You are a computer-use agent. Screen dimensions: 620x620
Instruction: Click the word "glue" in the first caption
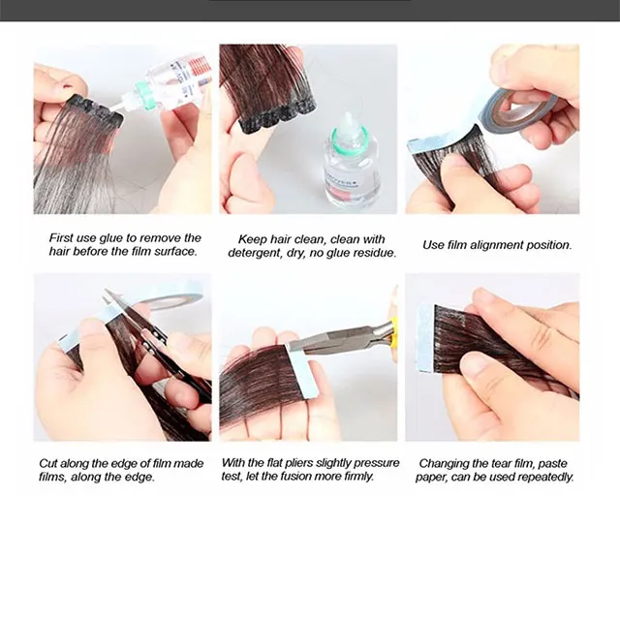pyautogui.click(x=110, y=238)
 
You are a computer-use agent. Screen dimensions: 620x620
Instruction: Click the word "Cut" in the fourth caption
pyautogui.click(x=48, y=463)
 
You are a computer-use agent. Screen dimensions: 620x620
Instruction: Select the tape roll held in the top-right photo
pyautogui.click(x=515, y=109)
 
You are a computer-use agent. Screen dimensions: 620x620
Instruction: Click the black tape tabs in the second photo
pyautogui.click(x=277, y=114)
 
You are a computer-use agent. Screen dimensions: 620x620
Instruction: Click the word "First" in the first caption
pyautogui.click(x=61, y=238)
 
